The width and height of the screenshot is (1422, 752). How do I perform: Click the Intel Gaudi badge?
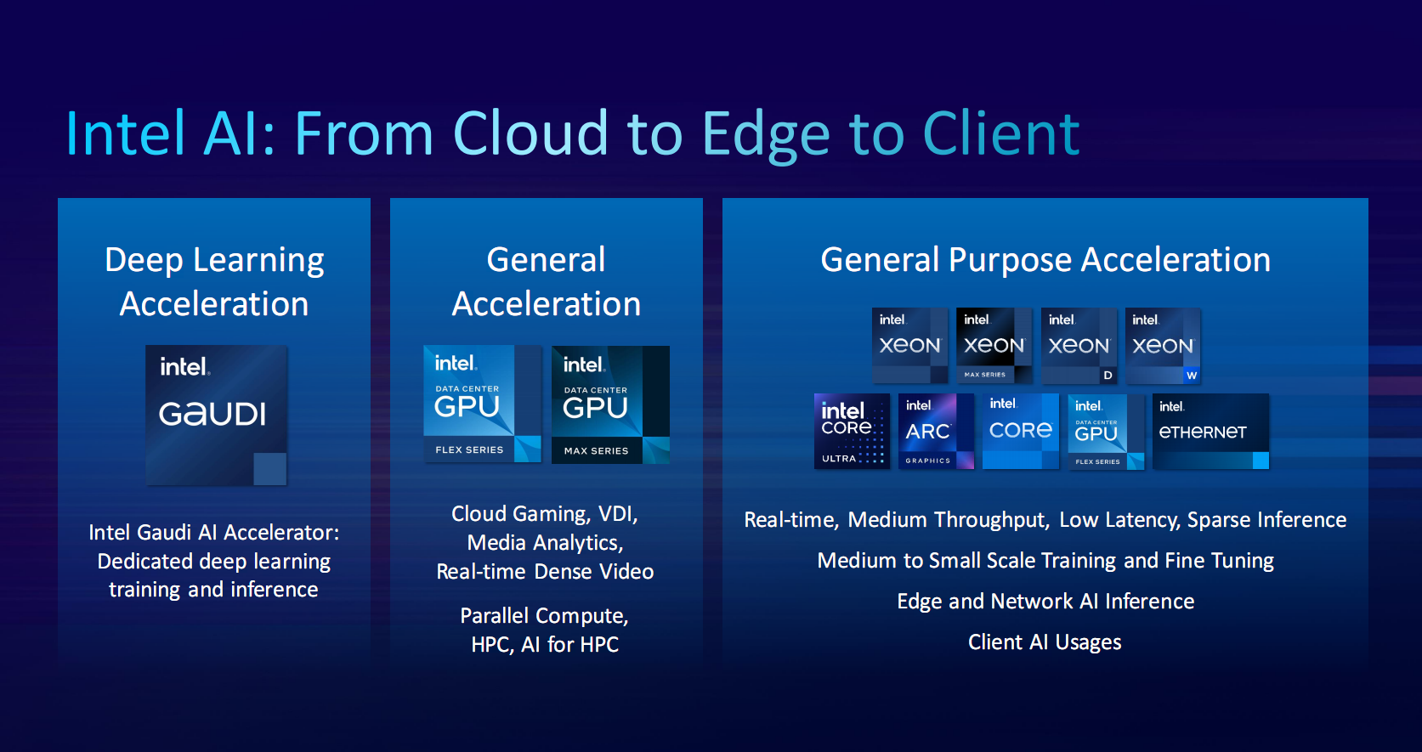216,415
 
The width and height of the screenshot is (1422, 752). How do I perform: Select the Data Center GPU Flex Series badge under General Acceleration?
483,404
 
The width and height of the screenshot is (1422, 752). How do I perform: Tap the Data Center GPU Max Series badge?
610,404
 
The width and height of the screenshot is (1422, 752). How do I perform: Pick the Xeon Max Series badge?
994,346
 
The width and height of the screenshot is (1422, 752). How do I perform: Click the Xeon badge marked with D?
1079,346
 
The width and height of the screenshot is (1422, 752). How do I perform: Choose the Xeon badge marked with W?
1163,346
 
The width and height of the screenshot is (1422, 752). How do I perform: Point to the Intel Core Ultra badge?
852,432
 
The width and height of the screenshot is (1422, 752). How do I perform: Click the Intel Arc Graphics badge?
937,432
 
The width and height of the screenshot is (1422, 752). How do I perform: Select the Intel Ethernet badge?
1211,432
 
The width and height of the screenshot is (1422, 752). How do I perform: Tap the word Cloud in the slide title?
530,133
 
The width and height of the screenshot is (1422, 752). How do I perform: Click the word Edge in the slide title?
766,136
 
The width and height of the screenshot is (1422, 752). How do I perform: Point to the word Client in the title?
1001,133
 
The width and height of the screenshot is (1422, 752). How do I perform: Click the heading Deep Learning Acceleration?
214,282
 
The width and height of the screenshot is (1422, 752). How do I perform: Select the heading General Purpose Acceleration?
1045,260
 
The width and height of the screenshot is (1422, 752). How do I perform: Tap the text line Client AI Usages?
1045,642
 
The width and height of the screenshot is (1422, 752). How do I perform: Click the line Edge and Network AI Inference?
1045,601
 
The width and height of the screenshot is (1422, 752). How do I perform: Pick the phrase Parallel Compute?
544,615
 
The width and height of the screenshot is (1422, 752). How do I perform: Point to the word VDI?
618,513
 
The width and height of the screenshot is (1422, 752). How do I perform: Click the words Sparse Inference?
1267,520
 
